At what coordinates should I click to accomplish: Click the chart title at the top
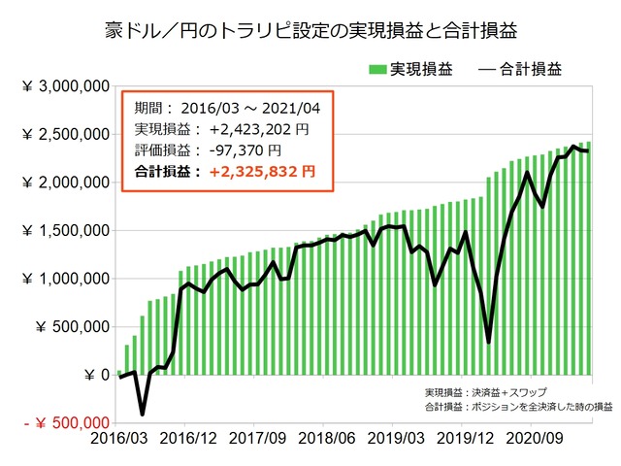click(x=310, y=31)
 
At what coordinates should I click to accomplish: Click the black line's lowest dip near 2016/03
click(x=142, y=414)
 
